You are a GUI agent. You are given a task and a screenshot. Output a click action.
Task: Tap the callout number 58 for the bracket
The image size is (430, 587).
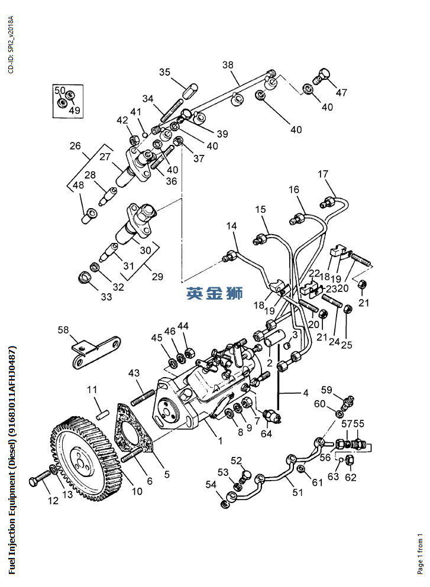[63, 330]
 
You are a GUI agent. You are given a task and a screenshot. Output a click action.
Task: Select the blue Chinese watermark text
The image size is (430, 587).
[215, 293]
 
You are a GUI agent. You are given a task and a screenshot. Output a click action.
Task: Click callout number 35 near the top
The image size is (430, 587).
[164, 72]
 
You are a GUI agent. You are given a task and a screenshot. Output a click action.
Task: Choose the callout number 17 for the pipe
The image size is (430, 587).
[322, 174]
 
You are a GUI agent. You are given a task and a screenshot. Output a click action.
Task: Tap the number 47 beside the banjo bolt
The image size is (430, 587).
[342, 92]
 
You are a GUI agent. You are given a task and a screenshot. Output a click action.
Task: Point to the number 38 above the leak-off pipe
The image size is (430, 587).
[228, 65]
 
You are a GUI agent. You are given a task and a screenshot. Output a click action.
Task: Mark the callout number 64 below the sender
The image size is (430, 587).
[267, 434]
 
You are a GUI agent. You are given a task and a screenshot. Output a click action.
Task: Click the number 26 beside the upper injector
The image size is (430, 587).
[75, 145]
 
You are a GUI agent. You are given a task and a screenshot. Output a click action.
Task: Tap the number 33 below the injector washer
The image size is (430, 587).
[106, 297]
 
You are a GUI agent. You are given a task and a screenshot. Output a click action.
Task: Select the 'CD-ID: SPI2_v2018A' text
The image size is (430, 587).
[9, 44]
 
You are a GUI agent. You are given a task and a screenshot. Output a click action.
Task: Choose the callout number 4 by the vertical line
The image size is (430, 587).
[306, 392]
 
